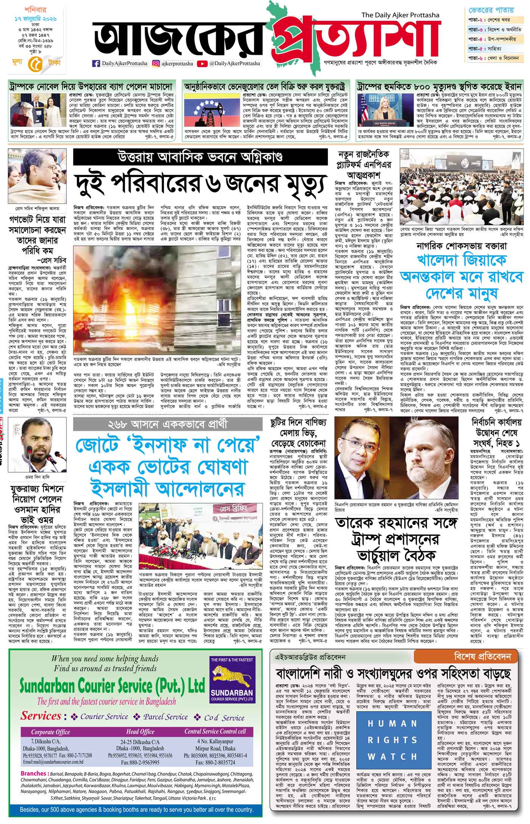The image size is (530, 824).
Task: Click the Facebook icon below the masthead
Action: click(96, 64)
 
